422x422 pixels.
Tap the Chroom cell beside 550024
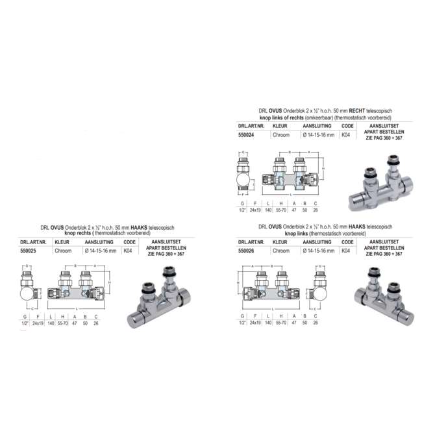pyautogui.click(x=280, y=135)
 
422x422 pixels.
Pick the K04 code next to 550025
pyautogui.click(x=129, y=250)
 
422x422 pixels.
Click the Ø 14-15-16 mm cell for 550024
pyautogui.click(x=317, y=135)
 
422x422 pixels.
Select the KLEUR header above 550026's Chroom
pyautogui.click(x=280, y=241)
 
